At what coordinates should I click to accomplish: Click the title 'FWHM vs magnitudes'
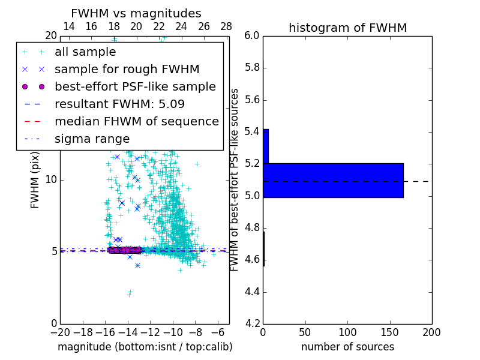click(x=136, y=13)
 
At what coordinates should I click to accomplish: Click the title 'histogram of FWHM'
click(x=347, y=28)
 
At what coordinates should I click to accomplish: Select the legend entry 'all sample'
click(x=85, y=52)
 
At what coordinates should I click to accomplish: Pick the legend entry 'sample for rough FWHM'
click(x=127, y=69)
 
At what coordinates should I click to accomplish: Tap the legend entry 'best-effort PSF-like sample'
click(x=135, y=86)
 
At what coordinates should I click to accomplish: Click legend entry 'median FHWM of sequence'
click(x=136, y=121)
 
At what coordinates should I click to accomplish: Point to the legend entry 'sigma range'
click(x=92, y=139)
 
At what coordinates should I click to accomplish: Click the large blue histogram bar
click(x=333, y=180)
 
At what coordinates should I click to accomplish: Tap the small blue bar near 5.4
click(x=265, y=146)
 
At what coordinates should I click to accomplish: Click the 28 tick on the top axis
click(x=226, y=26)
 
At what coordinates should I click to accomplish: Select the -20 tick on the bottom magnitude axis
click(x=60, y=332)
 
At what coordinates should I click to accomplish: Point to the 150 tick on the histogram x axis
click(x=389, y=332)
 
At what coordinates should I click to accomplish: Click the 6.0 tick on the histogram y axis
click(x=252, y=36)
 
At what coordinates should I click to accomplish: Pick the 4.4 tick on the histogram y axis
click(x=252, y=292)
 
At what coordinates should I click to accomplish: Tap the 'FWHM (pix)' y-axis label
click(x=35, y=179)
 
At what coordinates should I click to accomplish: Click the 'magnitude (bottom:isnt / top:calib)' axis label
click(x=145, y=347)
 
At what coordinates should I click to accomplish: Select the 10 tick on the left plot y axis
click(x=52, y=179)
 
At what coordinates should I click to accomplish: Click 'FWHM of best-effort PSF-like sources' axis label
click(x=235, y=179)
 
